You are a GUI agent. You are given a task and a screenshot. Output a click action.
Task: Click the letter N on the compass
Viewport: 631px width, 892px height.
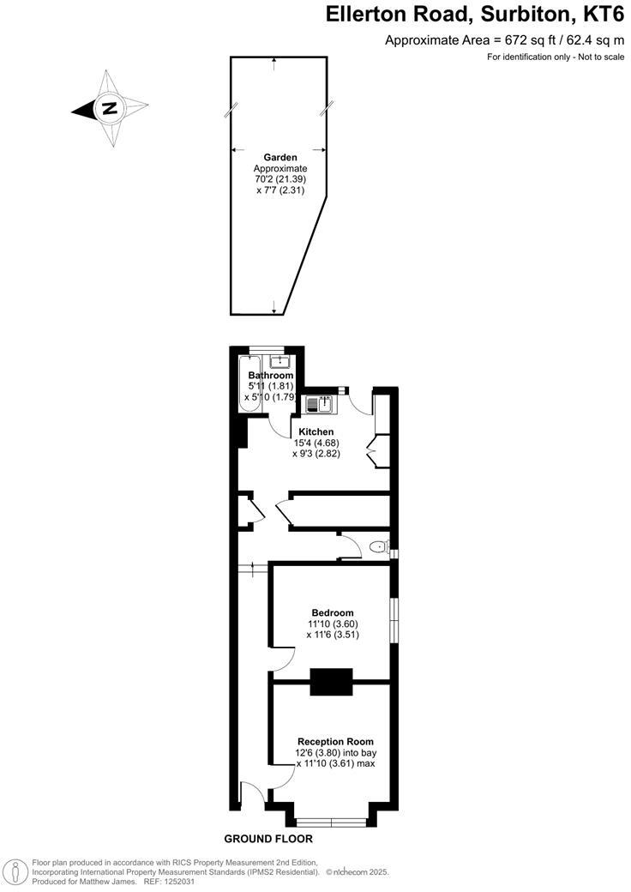click(x=109, y=109)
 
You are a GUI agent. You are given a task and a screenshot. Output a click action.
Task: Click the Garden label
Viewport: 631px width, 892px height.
click(x=280, y=158)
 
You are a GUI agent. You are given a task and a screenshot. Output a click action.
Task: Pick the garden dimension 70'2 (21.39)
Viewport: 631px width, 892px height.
click(x=280, y=180)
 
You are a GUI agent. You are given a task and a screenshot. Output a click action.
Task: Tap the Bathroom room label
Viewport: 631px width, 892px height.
click(x=271, y=376)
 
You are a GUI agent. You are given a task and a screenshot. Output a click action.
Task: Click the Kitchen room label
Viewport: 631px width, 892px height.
click(x=316, y=431)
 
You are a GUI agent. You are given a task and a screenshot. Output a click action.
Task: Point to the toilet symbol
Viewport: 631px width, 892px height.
click(x=378, y=547)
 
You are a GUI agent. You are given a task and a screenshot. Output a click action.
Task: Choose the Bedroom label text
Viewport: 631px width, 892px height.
click(x=333, y=612)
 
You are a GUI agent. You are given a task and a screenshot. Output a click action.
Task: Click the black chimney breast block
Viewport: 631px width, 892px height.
click(x=331, y=682)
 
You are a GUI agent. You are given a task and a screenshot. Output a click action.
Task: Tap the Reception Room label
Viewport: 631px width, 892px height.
click(x=335, y=741)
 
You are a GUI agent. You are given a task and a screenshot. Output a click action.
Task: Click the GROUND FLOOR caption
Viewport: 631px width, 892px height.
click(x=268, y=839)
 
